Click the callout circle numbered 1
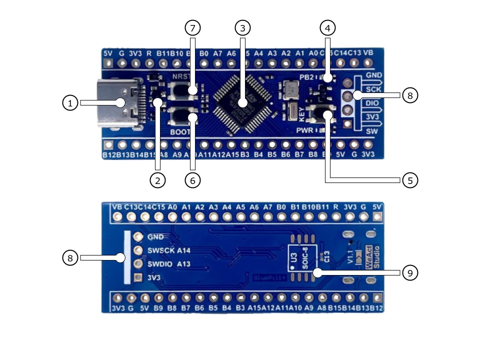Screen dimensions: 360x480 70,103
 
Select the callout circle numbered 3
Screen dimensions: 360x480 242,28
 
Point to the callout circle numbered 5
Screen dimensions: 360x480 409,180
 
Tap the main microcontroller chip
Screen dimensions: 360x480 242,102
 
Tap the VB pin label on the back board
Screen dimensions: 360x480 117,206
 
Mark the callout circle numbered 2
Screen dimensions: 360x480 157,180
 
